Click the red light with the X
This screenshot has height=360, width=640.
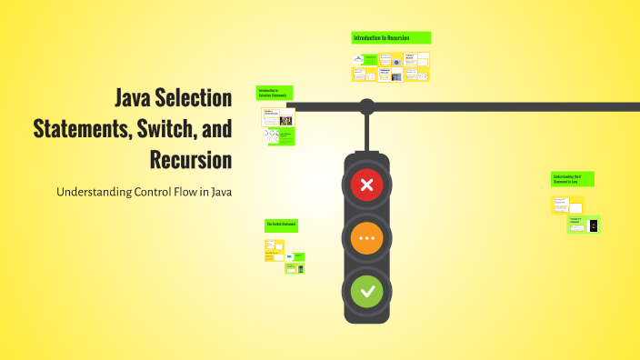[x=366, y=186]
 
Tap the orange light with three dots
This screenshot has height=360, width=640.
[x=366, y=239]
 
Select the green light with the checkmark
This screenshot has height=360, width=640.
[x=366, y=292]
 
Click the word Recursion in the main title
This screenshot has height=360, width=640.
[x=190, y=160]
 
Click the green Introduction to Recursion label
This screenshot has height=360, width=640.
[x=391, y=38]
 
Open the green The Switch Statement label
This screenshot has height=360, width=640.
[x=283, y=224]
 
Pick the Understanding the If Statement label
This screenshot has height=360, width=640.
[x=573, y=179]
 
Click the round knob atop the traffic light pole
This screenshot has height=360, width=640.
[x=366, y=106]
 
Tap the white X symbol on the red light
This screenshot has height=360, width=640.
[x=366, y=186]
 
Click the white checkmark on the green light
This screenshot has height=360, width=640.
[x=366, y=292]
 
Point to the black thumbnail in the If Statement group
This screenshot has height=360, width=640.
[x=594, y=225]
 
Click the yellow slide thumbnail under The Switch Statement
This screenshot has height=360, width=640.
[x=275, y=245]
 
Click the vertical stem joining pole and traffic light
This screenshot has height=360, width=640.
[x=366, y=135]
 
